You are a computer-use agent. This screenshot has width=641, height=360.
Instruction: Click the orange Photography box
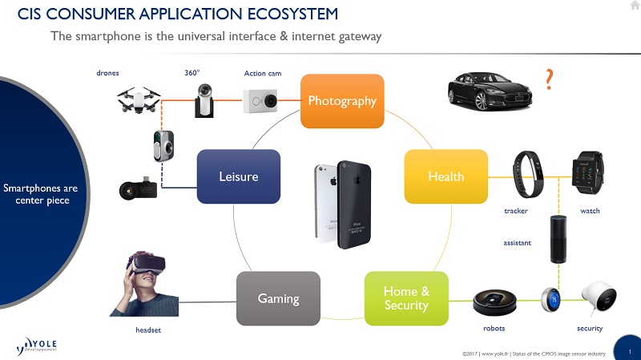click(x=342, y=101)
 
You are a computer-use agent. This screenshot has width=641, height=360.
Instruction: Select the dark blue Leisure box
click(x=239, y=176)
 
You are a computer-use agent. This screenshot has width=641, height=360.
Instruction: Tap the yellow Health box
click(x=446, y=176)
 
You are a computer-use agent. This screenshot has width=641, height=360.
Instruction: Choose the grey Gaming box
click(x=278, y=298)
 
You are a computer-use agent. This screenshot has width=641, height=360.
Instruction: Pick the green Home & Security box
click(x=406, y=298)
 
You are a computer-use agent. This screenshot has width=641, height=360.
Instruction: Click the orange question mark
click(x=549, y=79)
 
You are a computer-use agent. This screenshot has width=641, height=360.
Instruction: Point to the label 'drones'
click(x=107, y=74)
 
